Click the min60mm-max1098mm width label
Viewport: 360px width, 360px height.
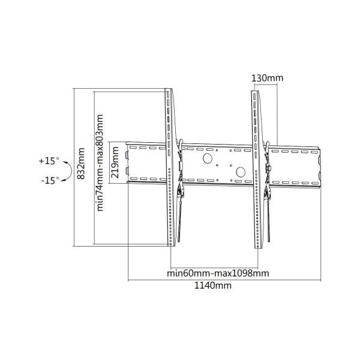point(217,273)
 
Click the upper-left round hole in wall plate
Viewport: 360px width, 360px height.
point(208,159)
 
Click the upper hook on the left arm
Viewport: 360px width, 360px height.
point(179,145)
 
